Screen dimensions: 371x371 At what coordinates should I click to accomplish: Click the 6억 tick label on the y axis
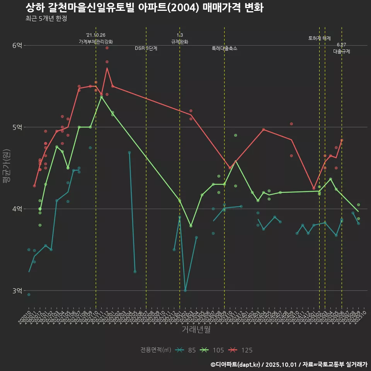click(17, 46)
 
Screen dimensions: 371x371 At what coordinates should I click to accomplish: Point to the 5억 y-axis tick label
click(17, 127)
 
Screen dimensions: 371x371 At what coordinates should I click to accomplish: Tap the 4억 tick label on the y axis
click(17, 209)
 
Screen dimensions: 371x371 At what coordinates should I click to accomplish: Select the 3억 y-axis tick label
click(17, 291)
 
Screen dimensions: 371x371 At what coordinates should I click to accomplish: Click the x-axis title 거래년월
click(196, 330)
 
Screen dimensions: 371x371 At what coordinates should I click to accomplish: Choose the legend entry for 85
click(185, 350)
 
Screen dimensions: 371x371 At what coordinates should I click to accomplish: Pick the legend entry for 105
click(212, 350)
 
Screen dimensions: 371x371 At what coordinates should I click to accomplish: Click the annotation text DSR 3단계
click(146, 49)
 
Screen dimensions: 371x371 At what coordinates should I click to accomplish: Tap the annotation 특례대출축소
click(225, 49)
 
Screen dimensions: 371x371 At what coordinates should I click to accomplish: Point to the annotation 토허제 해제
click(320, 38)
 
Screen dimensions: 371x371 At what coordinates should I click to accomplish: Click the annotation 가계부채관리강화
click(96, 42)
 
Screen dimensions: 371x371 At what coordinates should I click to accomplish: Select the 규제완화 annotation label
click(180, 42)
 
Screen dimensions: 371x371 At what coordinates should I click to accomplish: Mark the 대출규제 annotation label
click(342, 51)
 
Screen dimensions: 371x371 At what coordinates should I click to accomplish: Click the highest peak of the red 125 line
click(107, 68)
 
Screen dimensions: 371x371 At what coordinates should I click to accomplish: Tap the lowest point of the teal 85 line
click(185, 290)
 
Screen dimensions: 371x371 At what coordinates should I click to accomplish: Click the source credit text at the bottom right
click(289, 364)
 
